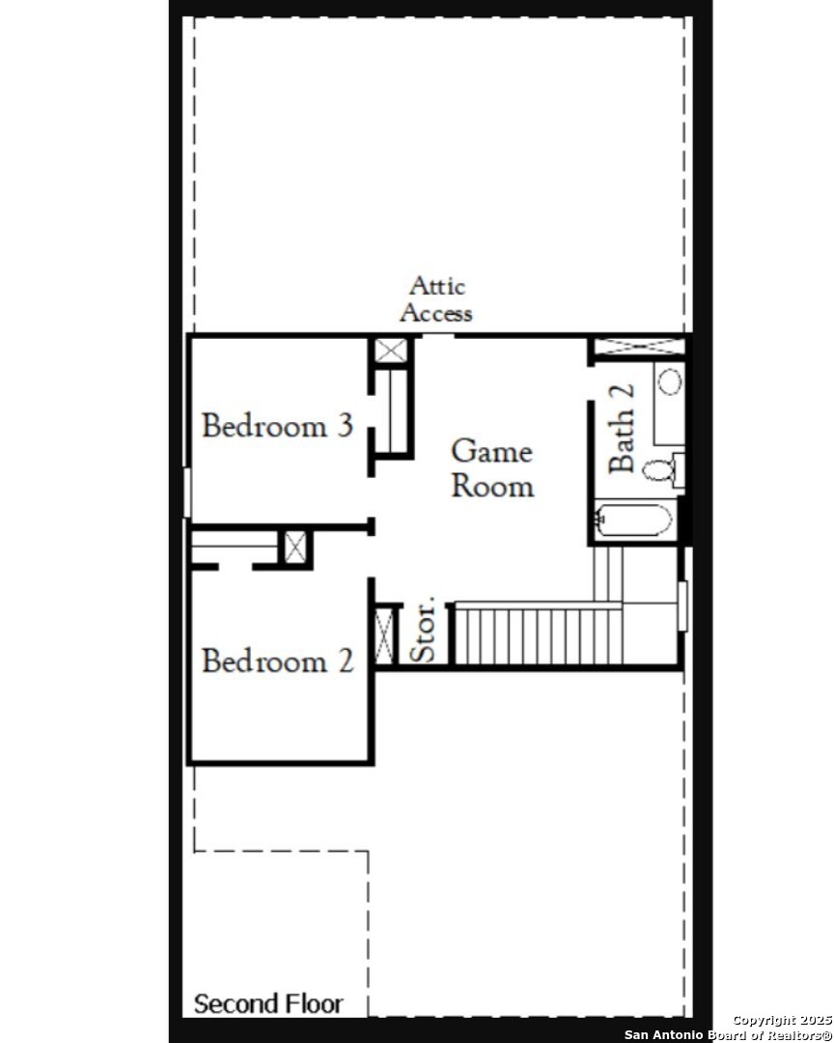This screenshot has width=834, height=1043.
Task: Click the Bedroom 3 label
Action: [277, 426]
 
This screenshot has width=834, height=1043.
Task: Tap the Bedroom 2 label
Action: [277, 661]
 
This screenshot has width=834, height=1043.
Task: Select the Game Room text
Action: [492, 468]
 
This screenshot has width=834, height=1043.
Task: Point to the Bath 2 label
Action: [622, 429]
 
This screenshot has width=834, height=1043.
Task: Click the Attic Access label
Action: [436, 299]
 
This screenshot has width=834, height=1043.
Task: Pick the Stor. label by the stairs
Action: [423, 630]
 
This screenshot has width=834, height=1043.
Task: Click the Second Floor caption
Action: [268, 1003]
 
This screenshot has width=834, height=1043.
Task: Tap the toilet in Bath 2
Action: [663, 469]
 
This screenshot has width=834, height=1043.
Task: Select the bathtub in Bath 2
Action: [633, 521]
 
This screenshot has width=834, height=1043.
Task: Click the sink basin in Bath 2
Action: [670, 381]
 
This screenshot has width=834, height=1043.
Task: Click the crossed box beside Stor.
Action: [385, 635]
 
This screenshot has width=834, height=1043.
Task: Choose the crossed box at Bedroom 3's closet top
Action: [390, 351]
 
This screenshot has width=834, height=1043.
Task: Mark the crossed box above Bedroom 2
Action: [295, 548]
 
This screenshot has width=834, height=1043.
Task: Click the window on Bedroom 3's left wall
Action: [187, 493]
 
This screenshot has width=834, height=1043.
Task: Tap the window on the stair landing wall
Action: [682, 606]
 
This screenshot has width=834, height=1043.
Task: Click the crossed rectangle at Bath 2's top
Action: [639, 346]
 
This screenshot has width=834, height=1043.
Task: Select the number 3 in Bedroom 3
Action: [345, 426]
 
